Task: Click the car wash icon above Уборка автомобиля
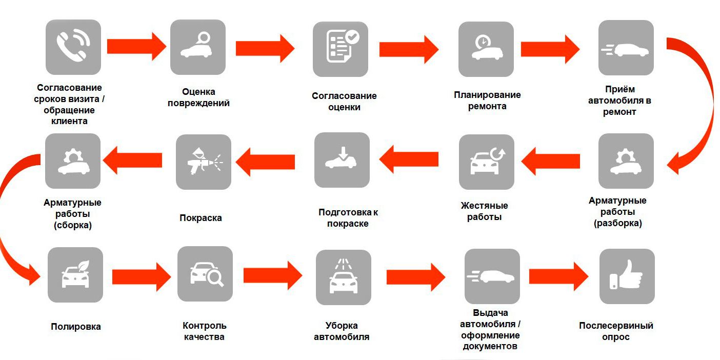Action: [344, 277]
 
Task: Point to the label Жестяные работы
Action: [485, 211]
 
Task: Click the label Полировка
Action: [76, 327]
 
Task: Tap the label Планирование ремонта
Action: [487, 101]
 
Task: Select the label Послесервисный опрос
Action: [616, 331]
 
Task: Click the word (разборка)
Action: [617, 223]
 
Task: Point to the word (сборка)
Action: [73, 225]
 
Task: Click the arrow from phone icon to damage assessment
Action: [136, 47]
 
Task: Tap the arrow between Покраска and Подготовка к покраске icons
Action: [265, 162]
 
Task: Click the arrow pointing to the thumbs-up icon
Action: [558, 276]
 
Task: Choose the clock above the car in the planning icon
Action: [483, 42]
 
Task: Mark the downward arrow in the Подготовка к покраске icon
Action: [343, 153]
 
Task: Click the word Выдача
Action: [490, 313]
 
